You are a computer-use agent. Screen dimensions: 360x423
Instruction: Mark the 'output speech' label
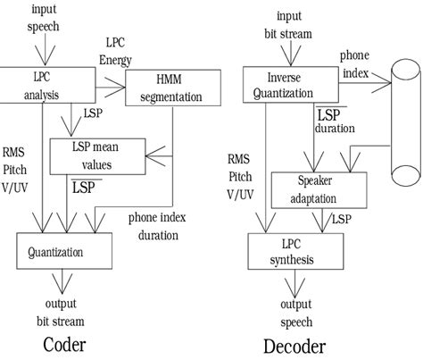point(292,314)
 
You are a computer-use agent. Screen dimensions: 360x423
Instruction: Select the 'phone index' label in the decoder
point(355,63)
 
